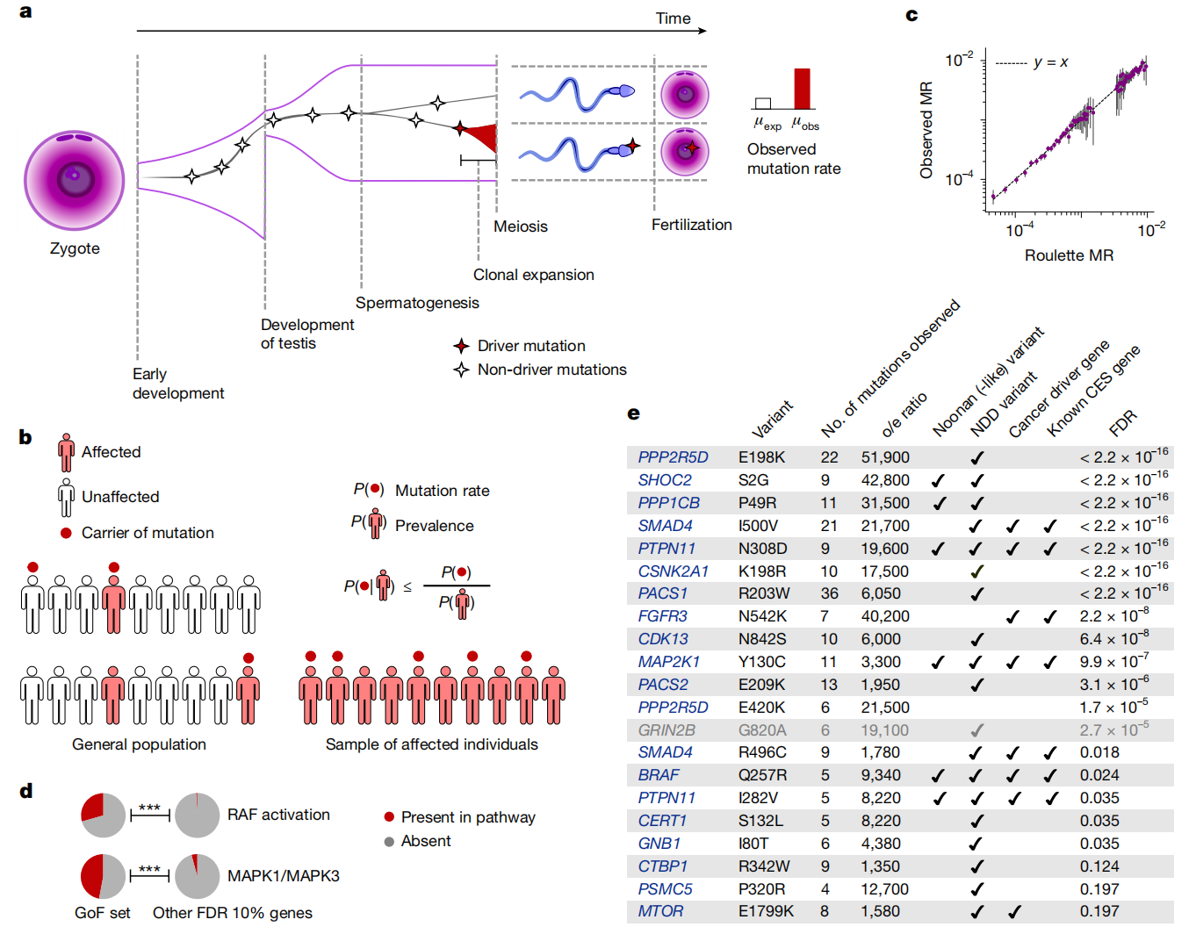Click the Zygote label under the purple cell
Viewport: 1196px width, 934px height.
point(75,248)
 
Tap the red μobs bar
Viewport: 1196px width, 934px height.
point(802,89)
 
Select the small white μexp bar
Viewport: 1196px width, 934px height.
point(763,104)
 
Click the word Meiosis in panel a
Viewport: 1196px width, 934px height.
point(520,226)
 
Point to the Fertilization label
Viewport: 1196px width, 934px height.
point(691,225)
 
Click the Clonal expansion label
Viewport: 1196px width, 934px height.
point(533,275)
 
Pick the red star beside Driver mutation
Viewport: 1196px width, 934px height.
point(461,346)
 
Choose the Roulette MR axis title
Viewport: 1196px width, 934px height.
point(1069,255)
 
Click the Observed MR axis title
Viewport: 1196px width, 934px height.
point(926,131)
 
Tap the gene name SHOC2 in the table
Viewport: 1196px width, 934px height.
point(664,480)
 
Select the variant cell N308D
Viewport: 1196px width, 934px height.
point(762,549)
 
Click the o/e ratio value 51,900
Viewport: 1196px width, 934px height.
point(884,457)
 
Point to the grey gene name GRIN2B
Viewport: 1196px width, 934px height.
point(666,730)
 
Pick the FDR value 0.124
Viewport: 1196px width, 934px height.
point(1099,866)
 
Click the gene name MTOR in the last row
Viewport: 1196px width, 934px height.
point(660,911)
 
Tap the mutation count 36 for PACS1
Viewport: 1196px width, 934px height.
point(829,593)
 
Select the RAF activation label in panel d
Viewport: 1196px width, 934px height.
point(278,815)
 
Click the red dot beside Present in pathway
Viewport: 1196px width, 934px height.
point(389,817)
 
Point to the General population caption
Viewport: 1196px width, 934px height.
point(139,744)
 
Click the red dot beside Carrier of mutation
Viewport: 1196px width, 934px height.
point(66,533)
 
